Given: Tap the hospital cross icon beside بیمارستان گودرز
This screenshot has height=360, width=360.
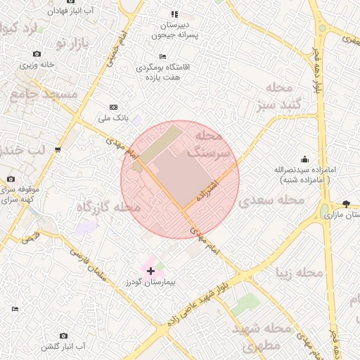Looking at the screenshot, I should pyautogui.click(x=150, y=270).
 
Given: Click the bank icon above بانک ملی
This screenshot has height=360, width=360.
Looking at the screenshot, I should pyautogui.click(x=114, y=107).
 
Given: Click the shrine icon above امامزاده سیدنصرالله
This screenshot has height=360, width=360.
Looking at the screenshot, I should pyautogui.click(x=304, y=160).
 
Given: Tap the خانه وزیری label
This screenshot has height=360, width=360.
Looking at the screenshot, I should pyautogui.click(x=37, y=65).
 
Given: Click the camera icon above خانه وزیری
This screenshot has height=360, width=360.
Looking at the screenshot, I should pyautogui.click(x=37, y=53).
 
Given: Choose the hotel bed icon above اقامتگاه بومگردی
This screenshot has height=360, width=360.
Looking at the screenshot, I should pyautogui.click(x=163, y=57).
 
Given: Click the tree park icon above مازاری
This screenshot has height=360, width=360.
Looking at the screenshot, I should pyautogui.click(x=345, y=204).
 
